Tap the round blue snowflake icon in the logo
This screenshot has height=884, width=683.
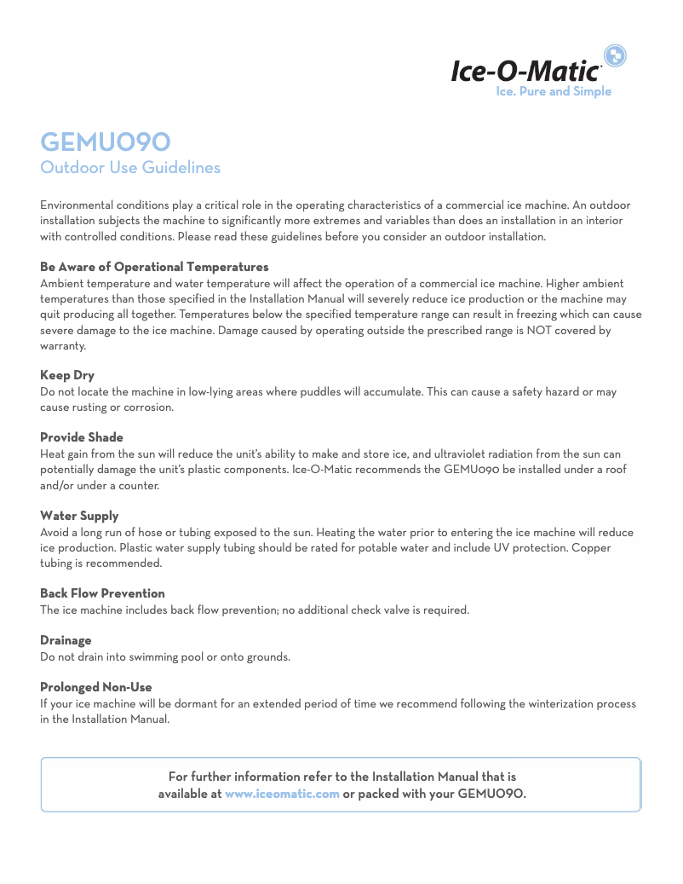coord(615,56)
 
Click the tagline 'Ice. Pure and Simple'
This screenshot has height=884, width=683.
coord(554,91)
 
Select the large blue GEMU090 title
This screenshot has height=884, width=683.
coord(106,141)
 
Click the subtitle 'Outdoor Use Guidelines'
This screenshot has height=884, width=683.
coord(130,167)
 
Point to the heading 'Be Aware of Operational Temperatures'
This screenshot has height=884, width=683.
coord(154,267)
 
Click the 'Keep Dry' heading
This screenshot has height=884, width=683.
coord(67,375)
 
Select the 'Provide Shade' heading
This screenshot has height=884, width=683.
coord(82,437)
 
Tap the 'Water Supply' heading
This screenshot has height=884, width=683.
coord(79,516)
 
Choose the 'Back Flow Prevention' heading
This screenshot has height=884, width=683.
coord(102,593)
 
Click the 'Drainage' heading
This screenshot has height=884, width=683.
coord(66,640)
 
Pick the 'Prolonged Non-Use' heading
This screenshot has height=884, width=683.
coord(96,687)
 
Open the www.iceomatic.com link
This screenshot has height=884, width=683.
coord(282,794)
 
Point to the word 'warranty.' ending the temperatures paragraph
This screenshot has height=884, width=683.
coord(63,346)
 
